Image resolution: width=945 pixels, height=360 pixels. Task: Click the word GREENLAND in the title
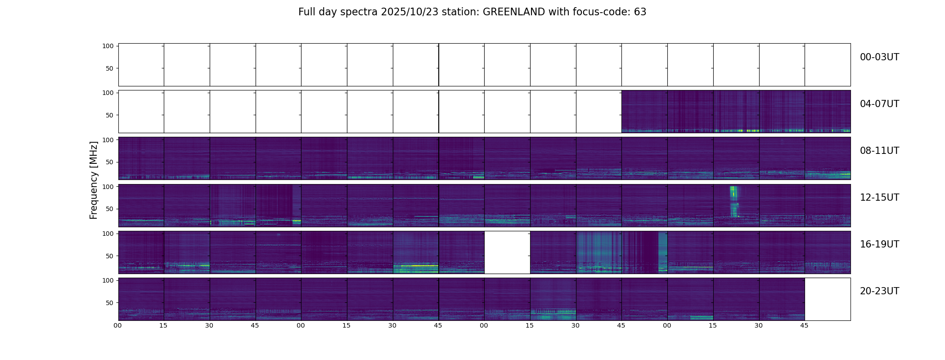tap(513, 12)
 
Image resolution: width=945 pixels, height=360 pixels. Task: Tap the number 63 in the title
tap(640, 12)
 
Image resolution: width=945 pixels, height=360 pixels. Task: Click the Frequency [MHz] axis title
tap(94, 180)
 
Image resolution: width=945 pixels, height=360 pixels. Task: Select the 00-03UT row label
tap(879, 57)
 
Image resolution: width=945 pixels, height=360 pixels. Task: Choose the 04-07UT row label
tap(879, 104)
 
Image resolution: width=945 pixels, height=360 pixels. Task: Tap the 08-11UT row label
tap(879, 151)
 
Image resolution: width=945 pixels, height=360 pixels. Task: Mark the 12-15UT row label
tap(879, 198)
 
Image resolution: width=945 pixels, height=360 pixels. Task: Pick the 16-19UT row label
tap(879, 244)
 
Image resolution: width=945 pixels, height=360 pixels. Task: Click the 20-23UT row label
tap(879, 291)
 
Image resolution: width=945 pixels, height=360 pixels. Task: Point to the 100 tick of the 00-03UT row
tap(108, 46)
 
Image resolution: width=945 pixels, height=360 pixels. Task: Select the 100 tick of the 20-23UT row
tap(108, 280)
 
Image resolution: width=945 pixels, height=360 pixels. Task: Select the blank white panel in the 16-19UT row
tap(507, 252)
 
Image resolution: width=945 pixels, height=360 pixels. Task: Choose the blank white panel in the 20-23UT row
tap(828, 299)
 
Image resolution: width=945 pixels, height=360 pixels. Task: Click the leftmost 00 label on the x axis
tap(118, 325)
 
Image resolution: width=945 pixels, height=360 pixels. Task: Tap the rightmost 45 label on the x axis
tap(804, 325)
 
